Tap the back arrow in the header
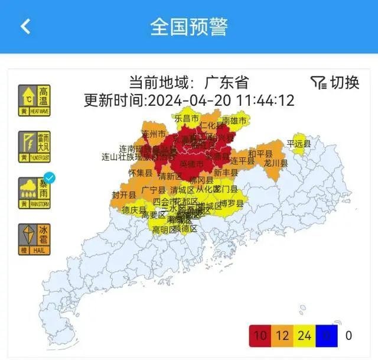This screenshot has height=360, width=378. click(x=25, y=26)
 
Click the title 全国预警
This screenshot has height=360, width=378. click(x=188, y=27)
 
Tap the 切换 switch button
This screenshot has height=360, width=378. click(x=335, y=83)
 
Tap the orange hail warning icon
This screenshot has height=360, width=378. click(x=34, y=239)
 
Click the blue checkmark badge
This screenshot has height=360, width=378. click(x=50, y=177)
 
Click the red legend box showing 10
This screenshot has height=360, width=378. click(x=260, y=335)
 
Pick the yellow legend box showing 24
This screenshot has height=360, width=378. click(x=305, y=335)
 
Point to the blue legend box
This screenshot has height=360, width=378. click(x=327, y=335)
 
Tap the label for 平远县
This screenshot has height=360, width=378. click(x=298, y=143)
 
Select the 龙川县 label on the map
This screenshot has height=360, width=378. click(x=276, y=163)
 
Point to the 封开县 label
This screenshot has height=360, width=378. click(x=124, y=194)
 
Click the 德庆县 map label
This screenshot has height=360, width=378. click(x=133, y=210)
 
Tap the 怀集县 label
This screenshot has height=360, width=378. click(x=141, y=173)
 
